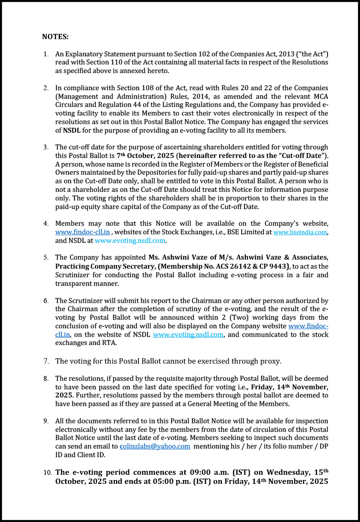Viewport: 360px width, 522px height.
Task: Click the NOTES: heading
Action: pyautogui.click(x=55, y=36)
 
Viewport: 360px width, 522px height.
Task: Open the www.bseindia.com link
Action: pyautogui.click(x=300, y=232)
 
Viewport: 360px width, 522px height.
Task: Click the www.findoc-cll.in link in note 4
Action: pyautogui.click(x=83, y=232)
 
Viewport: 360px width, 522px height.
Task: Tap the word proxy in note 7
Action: pyautogui.click(x=269, y=361)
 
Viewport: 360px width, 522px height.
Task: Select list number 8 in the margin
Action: pyautogui.click(x=45, y=378)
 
